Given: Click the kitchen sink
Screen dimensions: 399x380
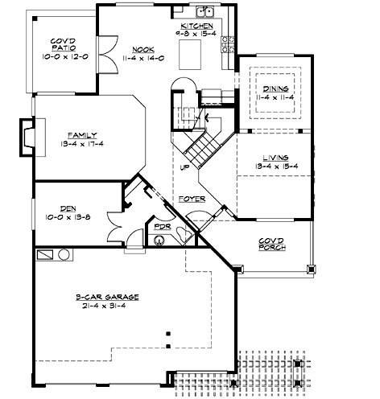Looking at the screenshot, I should [206, 13].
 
